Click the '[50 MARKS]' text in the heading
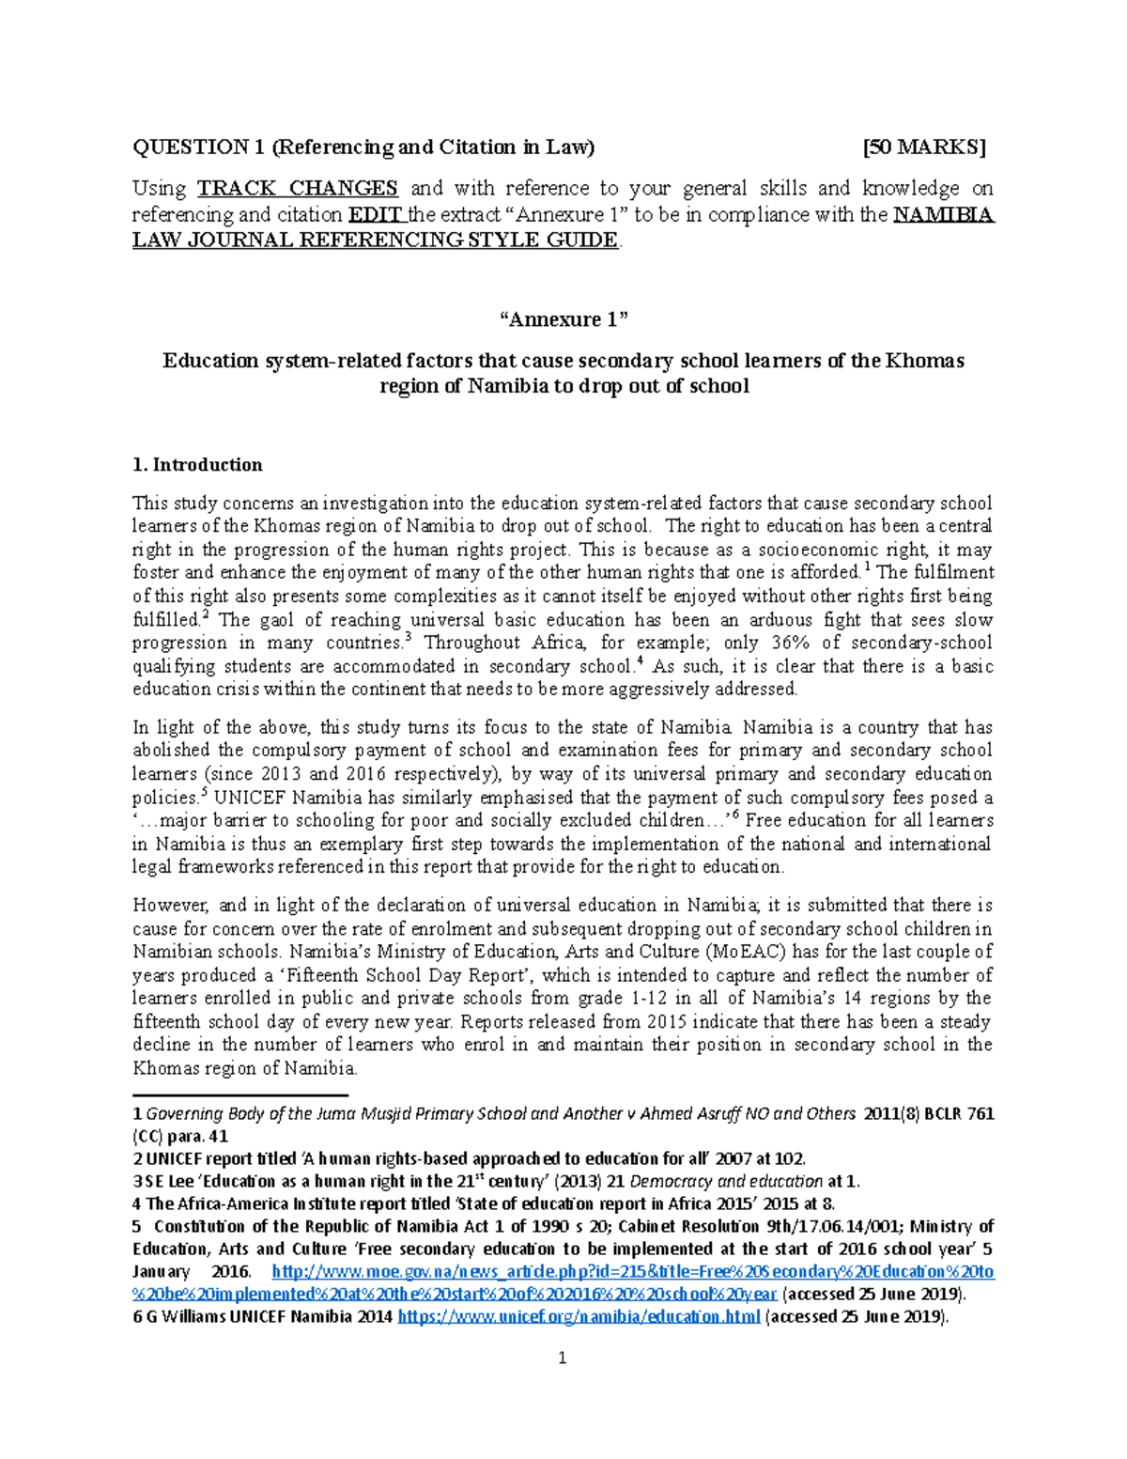tap(924, 147)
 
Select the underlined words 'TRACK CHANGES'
tap(297, 189)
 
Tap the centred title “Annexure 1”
tap(563, 319)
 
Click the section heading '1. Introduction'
tap(197, 465)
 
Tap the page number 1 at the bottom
tap(563, 1358)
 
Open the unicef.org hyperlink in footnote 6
tap(579, 1317)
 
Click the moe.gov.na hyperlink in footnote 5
tap(632, 1272)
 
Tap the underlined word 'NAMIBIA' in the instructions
tap(943, 215)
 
